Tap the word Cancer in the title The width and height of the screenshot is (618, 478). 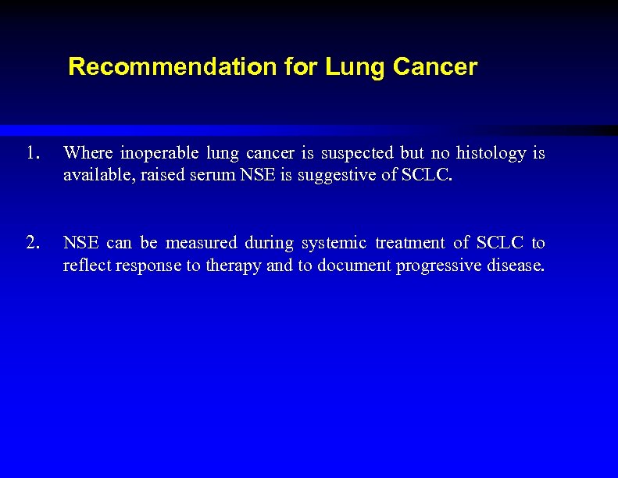[435, 67]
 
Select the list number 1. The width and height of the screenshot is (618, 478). [30, 153]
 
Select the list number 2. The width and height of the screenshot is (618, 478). [31, 243]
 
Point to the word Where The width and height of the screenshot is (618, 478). [88, 153]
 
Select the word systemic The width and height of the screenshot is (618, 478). [333, 243]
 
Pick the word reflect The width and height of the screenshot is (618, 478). [88, 266]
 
